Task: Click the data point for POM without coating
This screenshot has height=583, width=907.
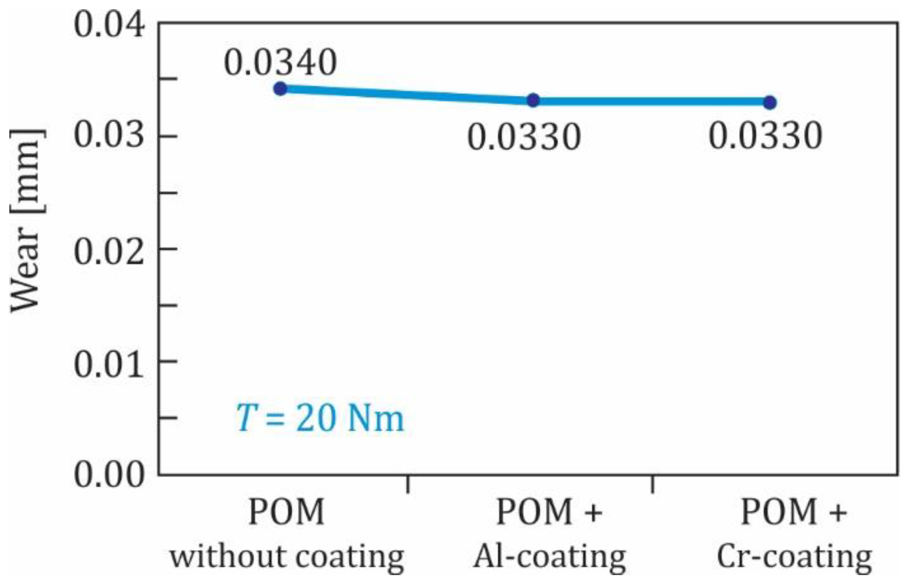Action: pos(280,88)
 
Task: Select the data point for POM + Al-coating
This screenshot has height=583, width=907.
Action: pos(533,100)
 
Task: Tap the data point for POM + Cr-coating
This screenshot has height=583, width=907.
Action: pos(770,102)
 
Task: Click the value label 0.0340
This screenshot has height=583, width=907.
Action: pos(280,62)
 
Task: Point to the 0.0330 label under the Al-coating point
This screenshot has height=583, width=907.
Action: pos(524,137)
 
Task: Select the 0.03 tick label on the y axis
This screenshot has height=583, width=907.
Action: pos(109,136)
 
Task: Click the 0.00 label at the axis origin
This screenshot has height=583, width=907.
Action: pos(109,475)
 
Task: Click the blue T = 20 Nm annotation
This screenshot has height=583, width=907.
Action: pos(320,418)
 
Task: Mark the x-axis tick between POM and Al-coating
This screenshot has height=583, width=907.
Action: pos(408,484)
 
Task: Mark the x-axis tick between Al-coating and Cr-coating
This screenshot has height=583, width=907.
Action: pos(652,484)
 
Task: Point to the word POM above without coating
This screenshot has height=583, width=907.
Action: pos(286,512)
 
